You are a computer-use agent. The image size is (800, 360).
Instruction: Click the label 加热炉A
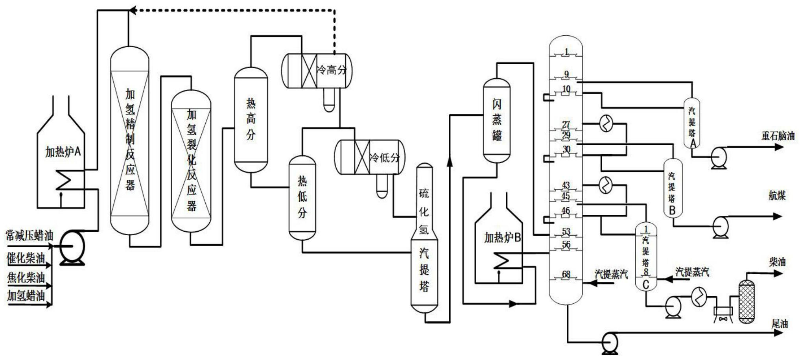pos(63,151)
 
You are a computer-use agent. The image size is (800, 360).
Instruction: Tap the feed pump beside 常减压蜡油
pos(73,247)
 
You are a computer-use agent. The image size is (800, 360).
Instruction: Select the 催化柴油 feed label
pos(26,258)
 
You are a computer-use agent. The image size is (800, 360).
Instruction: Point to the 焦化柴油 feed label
pos(26,277)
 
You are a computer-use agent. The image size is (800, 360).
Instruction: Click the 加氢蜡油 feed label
pos(26,296)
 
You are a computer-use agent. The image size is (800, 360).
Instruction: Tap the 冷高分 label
pos(332,71)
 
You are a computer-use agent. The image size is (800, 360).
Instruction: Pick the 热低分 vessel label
pos(302,197)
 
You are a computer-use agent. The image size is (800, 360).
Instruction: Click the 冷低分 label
pos(384,158)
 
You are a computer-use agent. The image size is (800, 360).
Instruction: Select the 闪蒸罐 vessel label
pos(497,120)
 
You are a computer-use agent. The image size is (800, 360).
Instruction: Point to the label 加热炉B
pos(502,238)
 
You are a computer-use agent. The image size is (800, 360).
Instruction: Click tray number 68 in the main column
pos(566,274)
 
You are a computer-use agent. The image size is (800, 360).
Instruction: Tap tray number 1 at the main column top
pos(566,52)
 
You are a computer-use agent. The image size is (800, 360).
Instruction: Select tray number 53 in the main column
pos(566,231)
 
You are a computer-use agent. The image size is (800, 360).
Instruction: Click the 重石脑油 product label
pos(778,136)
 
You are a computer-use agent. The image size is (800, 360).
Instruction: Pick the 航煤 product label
pos(777,196)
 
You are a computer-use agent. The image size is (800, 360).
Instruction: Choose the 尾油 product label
pos(779,324)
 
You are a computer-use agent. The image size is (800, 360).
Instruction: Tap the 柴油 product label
pos(777,262)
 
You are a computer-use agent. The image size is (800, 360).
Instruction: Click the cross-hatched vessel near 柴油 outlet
pos(747,302)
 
